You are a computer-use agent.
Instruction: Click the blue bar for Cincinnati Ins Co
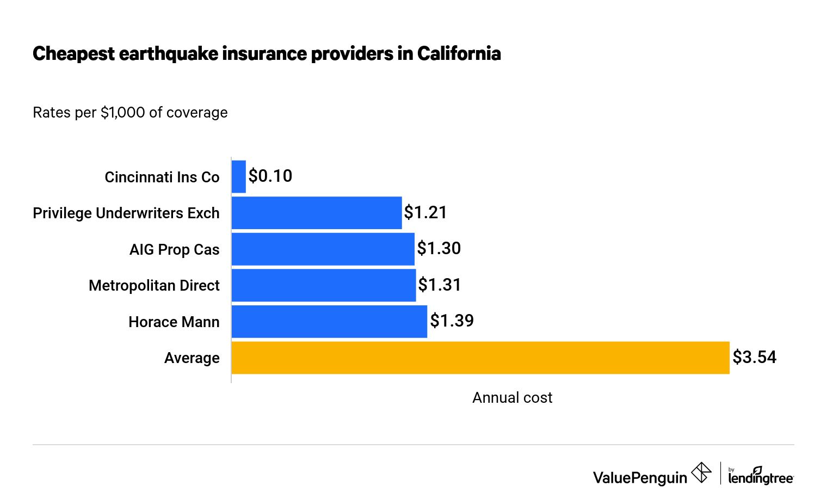tap(238, 176)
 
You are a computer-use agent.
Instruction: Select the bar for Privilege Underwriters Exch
tap(317, 213)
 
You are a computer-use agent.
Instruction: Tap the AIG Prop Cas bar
tap(323, 249)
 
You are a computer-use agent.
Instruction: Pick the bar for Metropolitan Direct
tap(324, 285)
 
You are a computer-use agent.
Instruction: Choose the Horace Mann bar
tap(329, 322)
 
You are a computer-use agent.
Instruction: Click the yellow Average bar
tap(480, 358)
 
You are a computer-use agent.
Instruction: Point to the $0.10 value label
tap(270, 176)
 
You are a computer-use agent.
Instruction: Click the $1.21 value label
tap(425, 212)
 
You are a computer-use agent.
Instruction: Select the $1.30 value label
tap(439, 248)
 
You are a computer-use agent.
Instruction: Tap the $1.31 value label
tap(440, 285)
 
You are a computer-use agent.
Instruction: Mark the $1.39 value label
tap(452, 321)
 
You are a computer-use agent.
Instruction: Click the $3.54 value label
tap(754, 357)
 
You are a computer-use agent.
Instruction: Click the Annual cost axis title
tap(512, 398)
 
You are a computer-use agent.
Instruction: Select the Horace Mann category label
tap(174, 322)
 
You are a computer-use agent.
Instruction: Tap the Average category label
tap(192, 358)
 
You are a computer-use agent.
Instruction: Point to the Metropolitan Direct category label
tap(154, 286)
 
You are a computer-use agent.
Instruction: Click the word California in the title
tap(459, 54)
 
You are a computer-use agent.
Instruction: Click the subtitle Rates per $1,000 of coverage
tap(130, 113)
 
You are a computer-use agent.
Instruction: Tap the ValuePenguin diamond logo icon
tap(701, 472)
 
